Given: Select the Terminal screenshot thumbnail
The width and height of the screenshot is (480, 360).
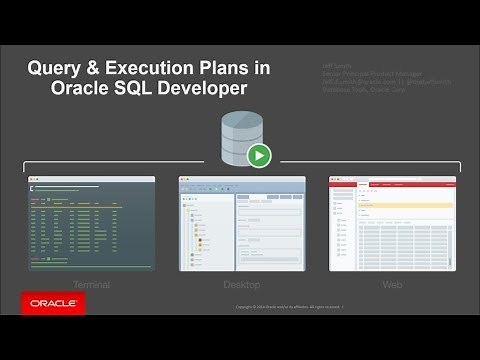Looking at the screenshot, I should tap(92, 225).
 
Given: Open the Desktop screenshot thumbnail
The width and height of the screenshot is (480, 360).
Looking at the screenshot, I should tap(240, 225).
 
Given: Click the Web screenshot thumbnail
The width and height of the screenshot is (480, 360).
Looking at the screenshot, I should tap(392, 225).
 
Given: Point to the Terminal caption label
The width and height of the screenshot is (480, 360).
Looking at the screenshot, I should tap(92, 285).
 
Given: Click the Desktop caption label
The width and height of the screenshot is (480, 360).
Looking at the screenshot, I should tap(240, 285).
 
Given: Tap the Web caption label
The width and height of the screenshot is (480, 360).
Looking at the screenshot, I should tap(392, 285).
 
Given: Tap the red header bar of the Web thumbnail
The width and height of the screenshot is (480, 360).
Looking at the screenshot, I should tap(392, 180).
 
